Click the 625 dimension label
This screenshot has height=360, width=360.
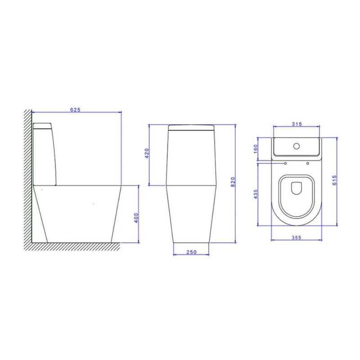(x=75, y=109)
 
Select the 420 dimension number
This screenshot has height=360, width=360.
(x=146, y=155)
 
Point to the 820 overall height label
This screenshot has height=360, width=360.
(x=233, y=181)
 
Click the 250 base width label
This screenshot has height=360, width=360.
(x=191, y=252)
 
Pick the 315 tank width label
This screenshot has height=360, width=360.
(x=296, y=124)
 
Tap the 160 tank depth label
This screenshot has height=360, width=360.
(x=256, y=148)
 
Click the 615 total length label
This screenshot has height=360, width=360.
(x=335, y=181)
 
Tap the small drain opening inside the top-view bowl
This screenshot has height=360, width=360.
(x=296, y=189)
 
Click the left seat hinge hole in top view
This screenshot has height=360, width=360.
(x=285, y=163)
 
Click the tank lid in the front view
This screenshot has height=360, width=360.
(x=191, y=128)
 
